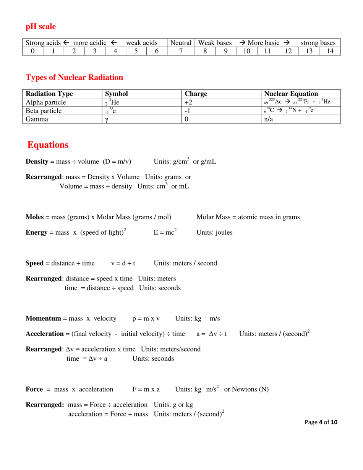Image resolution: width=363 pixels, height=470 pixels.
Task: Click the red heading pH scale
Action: point(41,26)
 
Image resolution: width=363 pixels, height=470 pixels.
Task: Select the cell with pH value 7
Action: point(181,51)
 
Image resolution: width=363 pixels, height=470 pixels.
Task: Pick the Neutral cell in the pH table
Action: point(181,43)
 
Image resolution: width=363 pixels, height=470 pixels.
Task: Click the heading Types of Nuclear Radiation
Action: point(74,77)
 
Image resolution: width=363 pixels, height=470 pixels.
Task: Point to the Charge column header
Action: point(196,94)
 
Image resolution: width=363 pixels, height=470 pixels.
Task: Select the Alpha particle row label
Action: point(45,102)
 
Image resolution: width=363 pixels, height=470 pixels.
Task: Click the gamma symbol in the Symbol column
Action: point(107,119)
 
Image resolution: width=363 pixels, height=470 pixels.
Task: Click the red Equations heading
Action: point(48,145)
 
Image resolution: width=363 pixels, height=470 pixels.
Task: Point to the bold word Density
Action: point(36,162)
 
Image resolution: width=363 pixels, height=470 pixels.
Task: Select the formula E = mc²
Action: point(165,232)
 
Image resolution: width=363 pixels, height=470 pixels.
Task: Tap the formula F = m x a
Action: point(146,389)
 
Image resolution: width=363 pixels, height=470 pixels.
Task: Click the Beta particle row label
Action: point(44,111)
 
